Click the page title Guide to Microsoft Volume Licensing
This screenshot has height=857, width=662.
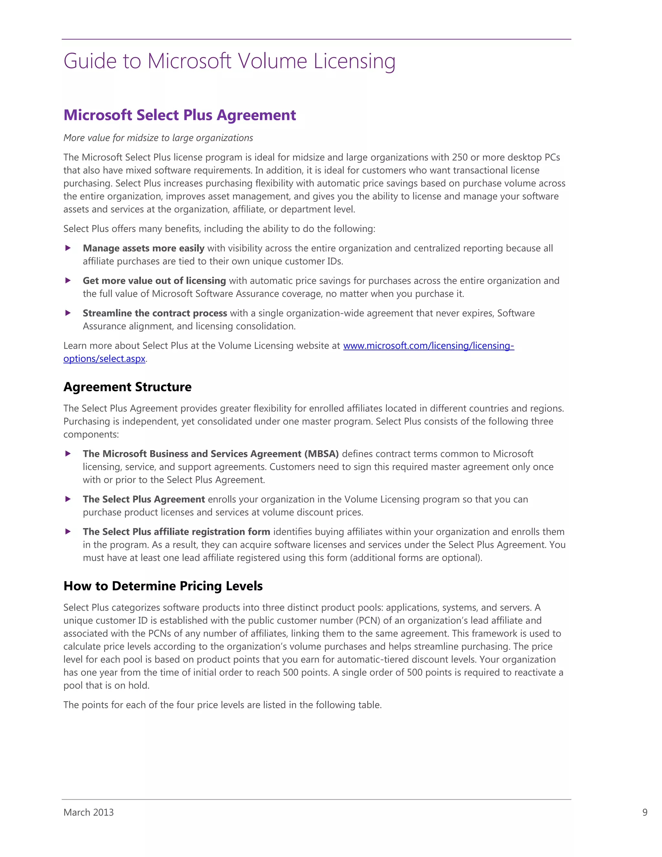coord(229,61)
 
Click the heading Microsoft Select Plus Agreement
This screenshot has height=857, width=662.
coord(180,115)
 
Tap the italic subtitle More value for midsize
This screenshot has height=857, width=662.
coord(158,138)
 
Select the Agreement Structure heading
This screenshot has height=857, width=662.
coord(127,387)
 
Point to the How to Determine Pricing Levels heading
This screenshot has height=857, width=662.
coord(163,586)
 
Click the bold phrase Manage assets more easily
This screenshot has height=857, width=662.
coord(143,248)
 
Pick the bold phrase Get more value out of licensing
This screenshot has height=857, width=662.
coord(154,281)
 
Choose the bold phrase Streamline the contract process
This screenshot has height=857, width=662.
coord(155,313)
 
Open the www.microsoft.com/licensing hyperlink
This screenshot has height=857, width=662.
coord(428,346)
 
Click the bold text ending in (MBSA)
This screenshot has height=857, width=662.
coord(211,454)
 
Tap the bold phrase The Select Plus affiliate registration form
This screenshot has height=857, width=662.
coord(176,532)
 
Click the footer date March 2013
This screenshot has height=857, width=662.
coord(89,812)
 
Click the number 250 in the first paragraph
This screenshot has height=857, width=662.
coord(460,157)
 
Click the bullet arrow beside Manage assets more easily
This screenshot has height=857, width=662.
coord(68,248)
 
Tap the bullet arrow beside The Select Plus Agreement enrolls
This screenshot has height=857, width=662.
coord(68,499)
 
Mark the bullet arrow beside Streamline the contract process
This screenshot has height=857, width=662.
coord(68,313)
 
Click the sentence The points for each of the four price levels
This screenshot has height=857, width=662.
coord(222,705)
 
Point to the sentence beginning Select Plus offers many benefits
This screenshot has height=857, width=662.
coord(219,229)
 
